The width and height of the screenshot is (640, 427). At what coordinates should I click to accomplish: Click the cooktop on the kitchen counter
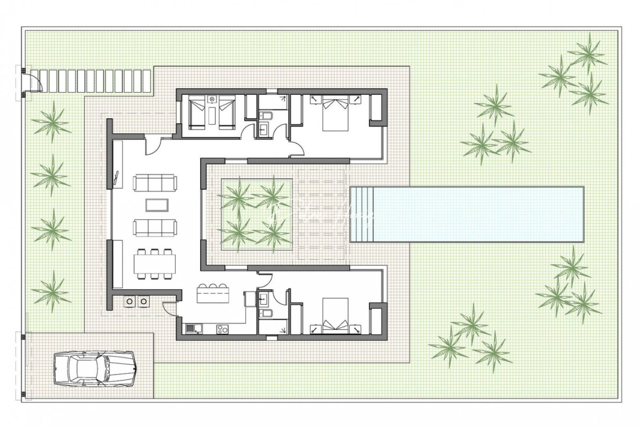tap(222, 328)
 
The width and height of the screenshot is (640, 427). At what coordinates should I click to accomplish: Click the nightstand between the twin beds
tap(213, 99)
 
